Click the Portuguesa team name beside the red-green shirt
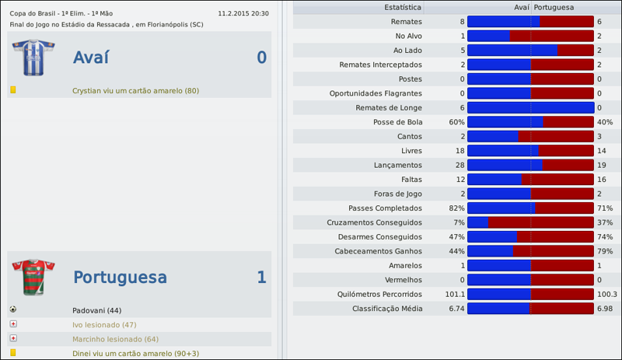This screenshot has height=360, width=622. tap(120, 278)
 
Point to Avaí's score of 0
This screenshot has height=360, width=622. tap(261, 58)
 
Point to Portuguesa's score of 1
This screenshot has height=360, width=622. tap(261, 278)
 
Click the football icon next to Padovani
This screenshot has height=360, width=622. tap(12, 309)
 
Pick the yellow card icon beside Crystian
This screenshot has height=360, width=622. tap(12, 90)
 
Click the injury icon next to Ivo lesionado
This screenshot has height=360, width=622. tap(12, 324)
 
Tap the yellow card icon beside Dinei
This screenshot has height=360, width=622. tap(12, 353)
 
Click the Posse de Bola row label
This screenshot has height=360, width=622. tap(398, 121)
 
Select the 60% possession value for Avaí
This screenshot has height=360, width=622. tap(456, 121)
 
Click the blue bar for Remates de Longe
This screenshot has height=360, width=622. tap(530, 107)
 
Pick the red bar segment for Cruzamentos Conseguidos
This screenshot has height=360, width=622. tap(540, 222)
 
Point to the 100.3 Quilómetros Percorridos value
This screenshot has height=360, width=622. tap(606, 294)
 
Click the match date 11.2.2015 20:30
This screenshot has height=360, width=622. tap(243, 13)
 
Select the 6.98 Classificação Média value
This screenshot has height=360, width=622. tap(605, 309)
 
